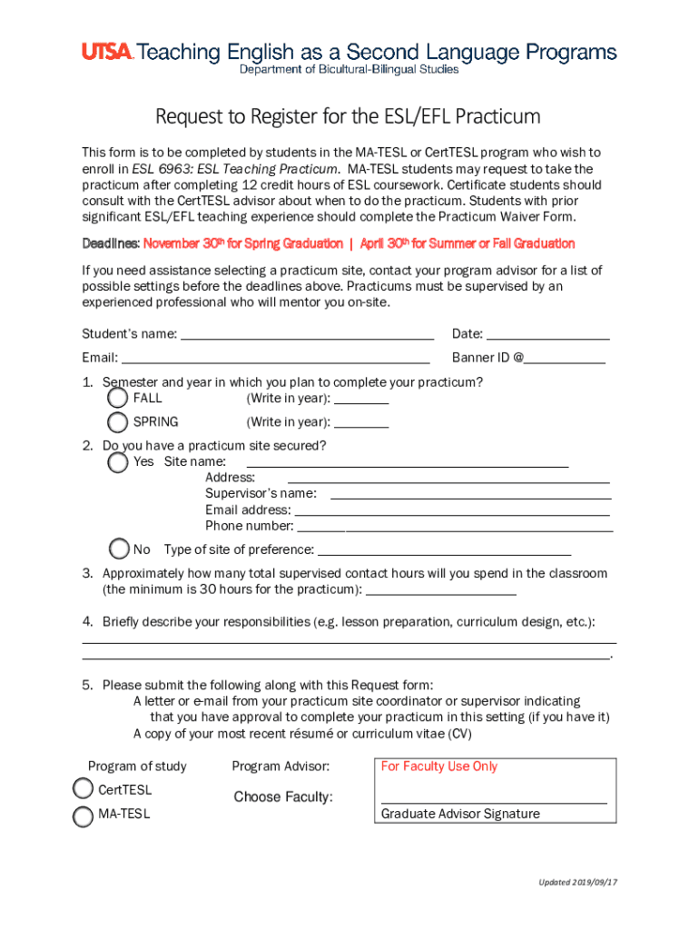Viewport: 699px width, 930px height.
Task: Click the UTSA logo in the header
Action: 107,53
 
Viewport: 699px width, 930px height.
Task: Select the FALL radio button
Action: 117,398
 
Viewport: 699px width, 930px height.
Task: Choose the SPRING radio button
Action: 117,421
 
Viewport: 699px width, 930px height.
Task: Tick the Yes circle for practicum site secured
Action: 117,462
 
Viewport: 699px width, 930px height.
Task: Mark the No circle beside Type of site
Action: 119,549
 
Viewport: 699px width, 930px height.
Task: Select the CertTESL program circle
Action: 83,789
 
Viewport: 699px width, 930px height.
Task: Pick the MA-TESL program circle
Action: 83,815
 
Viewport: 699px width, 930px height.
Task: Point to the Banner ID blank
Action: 565,359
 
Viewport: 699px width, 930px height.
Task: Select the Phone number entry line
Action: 455,527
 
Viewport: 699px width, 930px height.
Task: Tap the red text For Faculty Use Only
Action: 439,767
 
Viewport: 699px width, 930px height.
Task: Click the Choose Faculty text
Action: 283,797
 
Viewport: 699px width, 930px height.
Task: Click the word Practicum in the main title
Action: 498,117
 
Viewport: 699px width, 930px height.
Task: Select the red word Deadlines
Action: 111,243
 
